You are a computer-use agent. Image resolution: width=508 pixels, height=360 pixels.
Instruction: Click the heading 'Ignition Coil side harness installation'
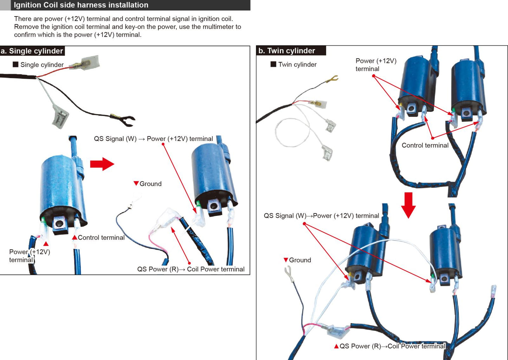coord(81,5)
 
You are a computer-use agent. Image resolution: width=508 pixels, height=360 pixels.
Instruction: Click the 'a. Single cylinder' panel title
coord(32,51)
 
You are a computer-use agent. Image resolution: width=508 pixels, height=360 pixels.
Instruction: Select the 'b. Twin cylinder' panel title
coord(287,51)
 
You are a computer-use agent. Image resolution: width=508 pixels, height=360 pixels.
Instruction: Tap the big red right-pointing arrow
coord(102,164)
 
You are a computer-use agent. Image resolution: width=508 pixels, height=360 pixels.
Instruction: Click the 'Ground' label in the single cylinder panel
coord(150,184)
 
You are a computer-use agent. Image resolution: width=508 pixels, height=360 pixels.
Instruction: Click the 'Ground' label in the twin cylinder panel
coord(300,260)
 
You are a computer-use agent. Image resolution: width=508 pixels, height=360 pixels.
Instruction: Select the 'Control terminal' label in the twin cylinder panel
coord(425,146)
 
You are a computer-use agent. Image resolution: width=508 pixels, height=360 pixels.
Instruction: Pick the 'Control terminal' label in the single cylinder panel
coord(101,238)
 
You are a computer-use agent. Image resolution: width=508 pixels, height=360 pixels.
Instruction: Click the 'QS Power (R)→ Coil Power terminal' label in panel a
coord(191,269)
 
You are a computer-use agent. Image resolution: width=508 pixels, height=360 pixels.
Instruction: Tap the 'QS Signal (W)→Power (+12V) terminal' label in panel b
coord(321,216)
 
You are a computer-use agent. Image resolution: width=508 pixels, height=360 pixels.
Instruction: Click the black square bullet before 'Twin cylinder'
coord(273,64)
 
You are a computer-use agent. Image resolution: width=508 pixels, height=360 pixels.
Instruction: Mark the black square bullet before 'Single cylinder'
coord(15,64)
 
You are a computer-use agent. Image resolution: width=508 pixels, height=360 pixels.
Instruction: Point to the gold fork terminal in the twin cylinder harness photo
coord(332,79)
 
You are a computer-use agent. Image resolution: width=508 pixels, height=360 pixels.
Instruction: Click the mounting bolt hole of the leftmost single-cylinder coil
coord(59,223)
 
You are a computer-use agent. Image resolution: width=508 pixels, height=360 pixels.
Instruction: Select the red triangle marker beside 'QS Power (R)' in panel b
coord(336,346)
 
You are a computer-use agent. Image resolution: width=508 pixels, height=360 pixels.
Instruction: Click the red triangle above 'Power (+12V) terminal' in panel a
coord(46,244)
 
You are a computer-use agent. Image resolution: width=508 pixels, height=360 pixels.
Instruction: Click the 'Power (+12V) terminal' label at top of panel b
coord(376,65)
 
